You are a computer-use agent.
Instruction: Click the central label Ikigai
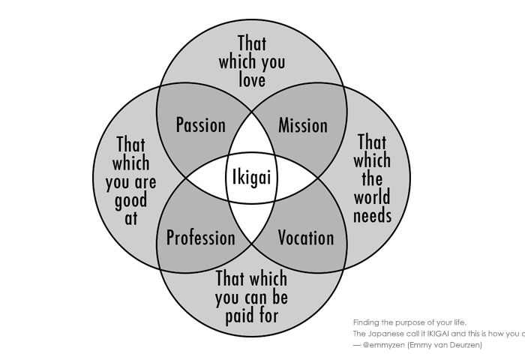click(251, 178)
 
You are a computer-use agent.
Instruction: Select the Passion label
click(200, 125)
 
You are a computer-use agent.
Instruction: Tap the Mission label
click(303, 125)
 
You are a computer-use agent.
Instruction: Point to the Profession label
click(200, 238)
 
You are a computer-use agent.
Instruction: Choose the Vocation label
click(306, 238)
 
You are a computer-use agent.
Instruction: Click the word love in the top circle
click(252, 80)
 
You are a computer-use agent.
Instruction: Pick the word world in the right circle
click(373, 198)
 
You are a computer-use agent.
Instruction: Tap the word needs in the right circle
click(373, 217)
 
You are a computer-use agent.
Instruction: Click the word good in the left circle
click(131, 201)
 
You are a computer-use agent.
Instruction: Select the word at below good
click(131, 219)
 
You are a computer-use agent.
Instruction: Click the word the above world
click(373, 179)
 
